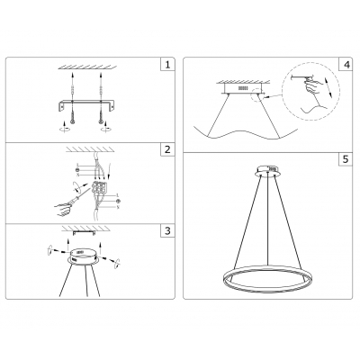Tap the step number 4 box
coord(346,66)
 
